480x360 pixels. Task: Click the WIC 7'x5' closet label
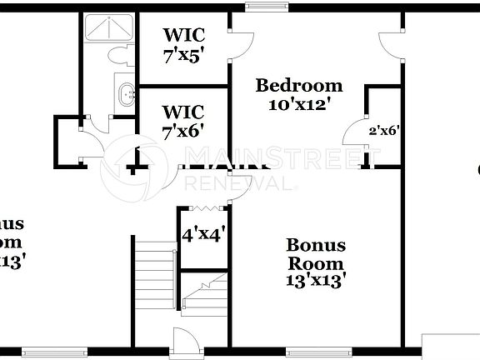click(x=184, y=46)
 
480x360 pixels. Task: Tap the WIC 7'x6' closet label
click(x=184, y=120)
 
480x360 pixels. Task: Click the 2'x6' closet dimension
click(x=385, y=130)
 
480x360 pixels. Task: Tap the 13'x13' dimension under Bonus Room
click(x=316, y=281)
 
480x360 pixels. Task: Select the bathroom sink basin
click(x=126, y=93)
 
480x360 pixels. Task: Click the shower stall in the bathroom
click(x=108, y=28)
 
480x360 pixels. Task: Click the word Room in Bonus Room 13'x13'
click(x=316, y=262)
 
